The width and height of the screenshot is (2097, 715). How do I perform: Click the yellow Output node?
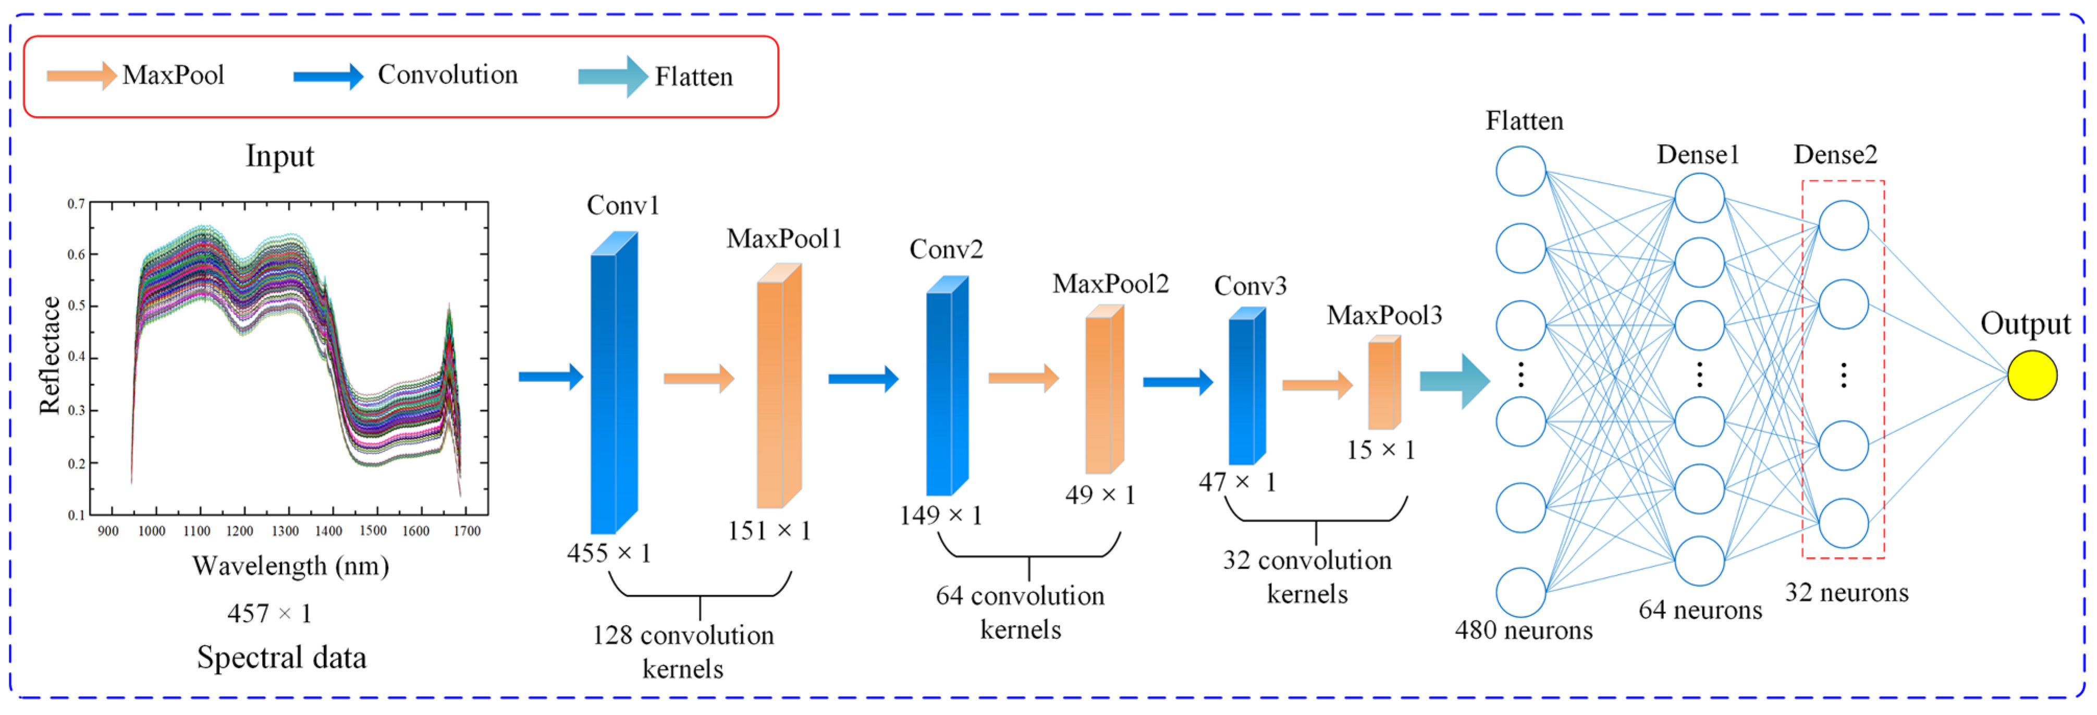(x=2031, y=375)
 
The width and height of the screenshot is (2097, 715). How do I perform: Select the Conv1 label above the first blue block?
(x=623, y=205)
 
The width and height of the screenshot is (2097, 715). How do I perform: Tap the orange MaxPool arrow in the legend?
(x=81, y=76)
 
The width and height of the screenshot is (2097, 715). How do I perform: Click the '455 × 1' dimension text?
(x=609, y=554)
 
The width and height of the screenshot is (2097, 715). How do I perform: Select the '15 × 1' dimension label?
(x=1381, y=450)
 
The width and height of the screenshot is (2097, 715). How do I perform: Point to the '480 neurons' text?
(x=1523, y=631)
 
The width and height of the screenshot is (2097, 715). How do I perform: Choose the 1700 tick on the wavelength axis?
(x=467, y=531)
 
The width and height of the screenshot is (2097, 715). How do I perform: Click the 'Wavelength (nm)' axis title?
(x=291, y=565)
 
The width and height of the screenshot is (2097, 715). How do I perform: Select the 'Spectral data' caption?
(x=281, y=657)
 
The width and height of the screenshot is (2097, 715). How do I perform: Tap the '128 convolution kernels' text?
(x=683, y=651)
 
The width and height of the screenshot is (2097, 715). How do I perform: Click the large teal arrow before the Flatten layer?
(x=1454, y=380)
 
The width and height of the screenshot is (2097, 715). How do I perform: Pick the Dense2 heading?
(x=1835, y=155)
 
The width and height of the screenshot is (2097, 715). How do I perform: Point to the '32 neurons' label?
(x=1846, y=593)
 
